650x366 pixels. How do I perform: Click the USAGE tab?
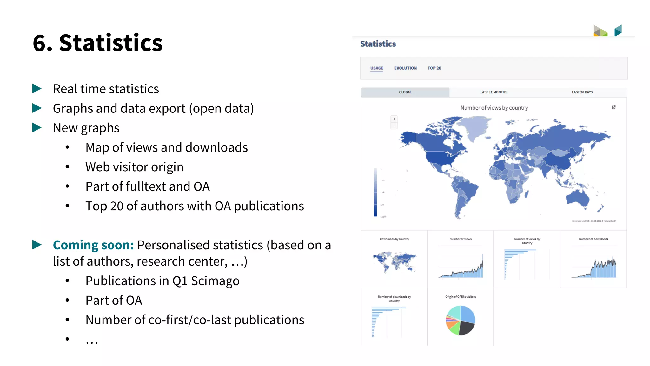pyautogui.click(x=377, y=68)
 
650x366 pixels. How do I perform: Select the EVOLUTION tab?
pyautogui.click(x=405, y=68)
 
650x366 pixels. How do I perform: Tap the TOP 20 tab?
pyautogui.click(x=434, y=68)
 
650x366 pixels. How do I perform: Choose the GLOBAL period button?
pyautogui.click(x=405, y=92)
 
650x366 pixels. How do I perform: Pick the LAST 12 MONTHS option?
pyautogui.click(x=494, y=92)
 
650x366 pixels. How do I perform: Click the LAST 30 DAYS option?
pyautogui.click(x=582, y=92)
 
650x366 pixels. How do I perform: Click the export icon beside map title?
pyautogui.click(x=614, y=107)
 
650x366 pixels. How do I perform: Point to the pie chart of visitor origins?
pyautogui.click(x=461, y=320)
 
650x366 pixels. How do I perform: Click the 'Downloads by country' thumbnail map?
pyautogui.click(x=394, y=261)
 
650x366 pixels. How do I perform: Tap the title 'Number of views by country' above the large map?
pyautogui.click(x=494, y=108)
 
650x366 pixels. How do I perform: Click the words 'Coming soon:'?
pyautogui.click(x=93, y=245)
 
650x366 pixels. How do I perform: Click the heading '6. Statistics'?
pyautogui.click(x=97, y=43)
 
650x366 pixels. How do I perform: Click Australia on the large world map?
pyautogui.click(x=577, y=198)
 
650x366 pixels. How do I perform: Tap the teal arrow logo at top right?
pyautogui.click(x=618, y=30)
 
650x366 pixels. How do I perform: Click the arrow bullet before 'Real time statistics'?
pyautogui.click(x=37, y=89)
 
